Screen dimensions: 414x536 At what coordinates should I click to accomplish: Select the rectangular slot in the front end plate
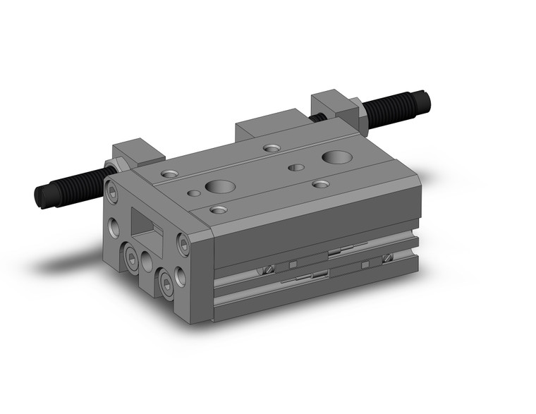pyautogui.click(x=146, y=226)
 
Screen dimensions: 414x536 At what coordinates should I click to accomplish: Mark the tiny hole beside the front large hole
pyautogui.click(x=192, y=192)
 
